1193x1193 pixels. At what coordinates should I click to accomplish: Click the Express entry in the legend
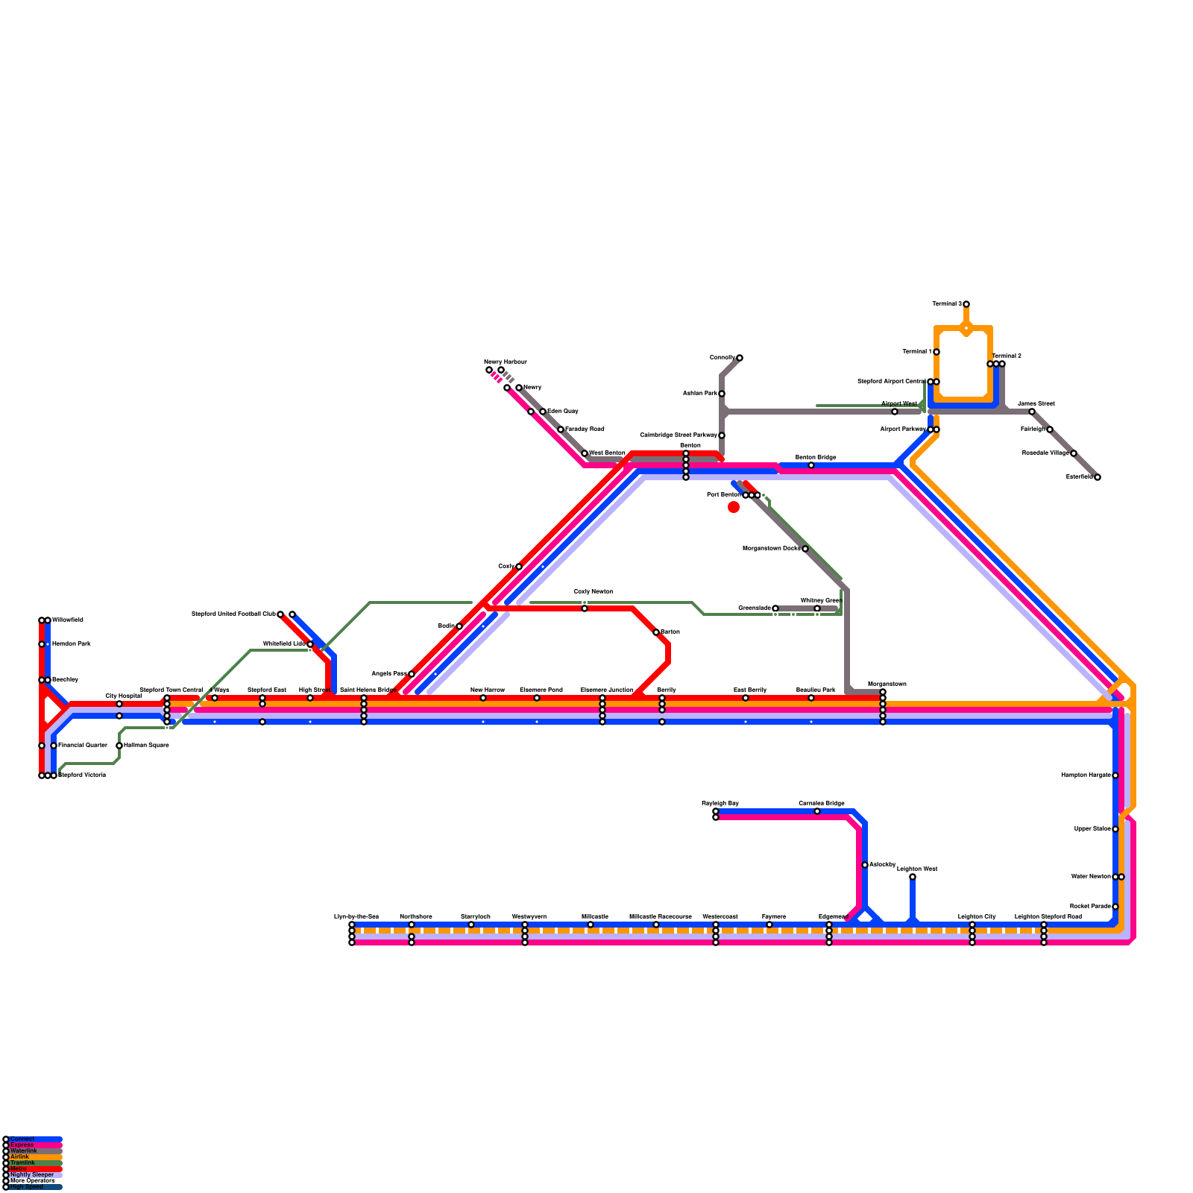point(22,1145)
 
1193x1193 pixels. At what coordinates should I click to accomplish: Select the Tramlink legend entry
point(22,1162)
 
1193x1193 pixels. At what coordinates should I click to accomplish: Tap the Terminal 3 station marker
point(966,304)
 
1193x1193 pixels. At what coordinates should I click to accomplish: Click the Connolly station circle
point(740,358)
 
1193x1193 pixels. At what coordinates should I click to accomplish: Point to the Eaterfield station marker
point(1098,477)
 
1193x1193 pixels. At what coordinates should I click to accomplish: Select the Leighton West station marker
point(913,877)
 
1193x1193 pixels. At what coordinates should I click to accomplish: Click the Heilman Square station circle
point(119,746)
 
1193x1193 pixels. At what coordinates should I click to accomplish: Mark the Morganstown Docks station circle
point(805,549)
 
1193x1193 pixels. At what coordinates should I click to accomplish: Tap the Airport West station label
point(899,403)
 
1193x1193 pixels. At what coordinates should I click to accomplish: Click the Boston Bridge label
point(816,457)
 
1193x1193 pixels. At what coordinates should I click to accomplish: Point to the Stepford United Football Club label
point(233,614)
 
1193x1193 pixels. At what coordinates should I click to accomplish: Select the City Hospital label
point(123,696)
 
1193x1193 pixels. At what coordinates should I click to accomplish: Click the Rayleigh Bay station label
point(720,803)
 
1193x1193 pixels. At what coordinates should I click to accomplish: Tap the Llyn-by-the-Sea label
point(356,916)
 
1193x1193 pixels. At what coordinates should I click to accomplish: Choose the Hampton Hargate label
point(1086,775)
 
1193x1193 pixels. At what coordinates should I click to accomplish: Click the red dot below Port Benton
point(734,507)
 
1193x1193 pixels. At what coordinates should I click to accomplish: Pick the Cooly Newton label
point(594,591)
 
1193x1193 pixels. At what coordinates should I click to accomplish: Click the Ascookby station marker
point(865,865)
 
